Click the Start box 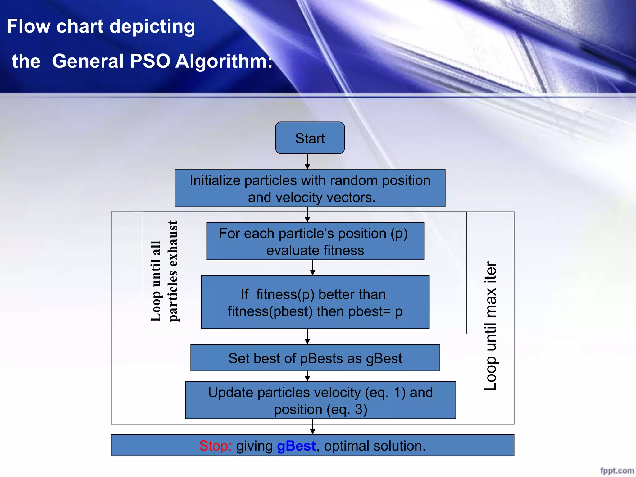310,138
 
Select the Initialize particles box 310,188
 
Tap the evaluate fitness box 315,241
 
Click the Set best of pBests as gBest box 315,358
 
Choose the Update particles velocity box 320,400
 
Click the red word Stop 215,446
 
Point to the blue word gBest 296,446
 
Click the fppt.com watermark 617,471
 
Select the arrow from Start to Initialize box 307,161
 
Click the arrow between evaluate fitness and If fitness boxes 313,267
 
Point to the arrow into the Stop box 313,427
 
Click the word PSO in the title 150,61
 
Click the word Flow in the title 28,26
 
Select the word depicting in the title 152,27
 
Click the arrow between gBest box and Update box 307,376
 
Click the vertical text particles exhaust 173,271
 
